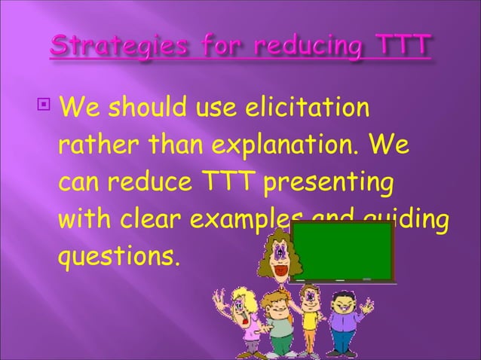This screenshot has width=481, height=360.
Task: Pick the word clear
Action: (150, 221)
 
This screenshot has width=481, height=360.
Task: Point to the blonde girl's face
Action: (243, 308)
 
